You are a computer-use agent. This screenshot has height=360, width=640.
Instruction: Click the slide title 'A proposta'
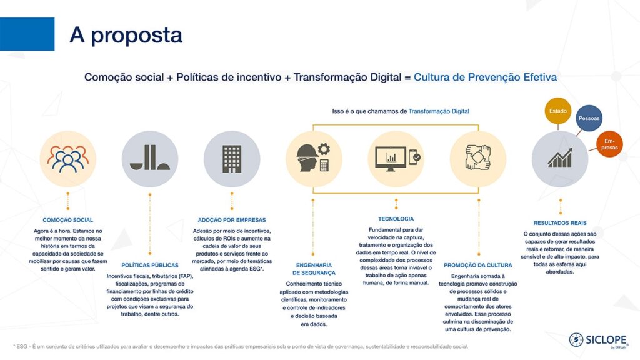tap(126, 35)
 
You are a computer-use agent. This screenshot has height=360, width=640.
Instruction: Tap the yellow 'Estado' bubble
tap(558, 111)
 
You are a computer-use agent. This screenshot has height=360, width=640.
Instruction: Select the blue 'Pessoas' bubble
tap(589, 118)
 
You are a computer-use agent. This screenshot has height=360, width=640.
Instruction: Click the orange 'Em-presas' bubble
tap(609, 144)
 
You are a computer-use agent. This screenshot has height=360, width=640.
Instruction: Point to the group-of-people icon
tap(67, 159)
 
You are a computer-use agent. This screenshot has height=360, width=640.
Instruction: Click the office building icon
tap(232, 159)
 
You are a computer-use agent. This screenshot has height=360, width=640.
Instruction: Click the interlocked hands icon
tap(478, 157)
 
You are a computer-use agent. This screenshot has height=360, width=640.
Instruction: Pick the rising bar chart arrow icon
tap(560, 157)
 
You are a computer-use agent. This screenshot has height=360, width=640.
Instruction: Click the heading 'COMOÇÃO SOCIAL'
tap(67, 220)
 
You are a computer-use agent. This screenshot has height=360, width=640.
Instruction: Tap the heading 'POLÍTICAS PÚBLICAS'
tap(150, 265)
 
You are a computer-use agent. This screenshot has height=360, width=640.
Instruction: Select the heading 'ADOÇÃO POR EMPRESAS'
tap(232, 220)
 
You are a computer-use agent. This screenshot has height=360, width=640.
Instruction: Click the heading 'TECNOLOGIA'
tap(396, 219)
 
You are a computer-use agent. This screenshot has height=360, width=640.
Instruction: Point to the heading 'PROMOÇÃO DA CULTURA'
tap(478, 265)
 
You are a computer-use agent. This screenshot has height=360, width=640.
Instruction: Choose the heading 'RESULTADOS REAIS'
tap(560, 223)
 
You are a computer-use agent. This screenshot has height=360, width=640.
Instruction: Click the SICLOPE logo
tap(598, 341)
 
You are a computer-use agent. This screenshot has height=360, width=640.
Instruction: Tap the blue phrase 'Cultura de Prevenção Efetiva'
tap(485, 77)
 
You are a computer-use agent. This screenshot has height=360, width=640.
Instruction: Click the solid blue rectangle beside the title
tap(27, 34)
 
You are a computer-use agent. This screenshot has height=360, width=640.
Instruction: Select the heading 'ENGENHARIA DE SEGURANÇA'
tap(314, 269)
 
